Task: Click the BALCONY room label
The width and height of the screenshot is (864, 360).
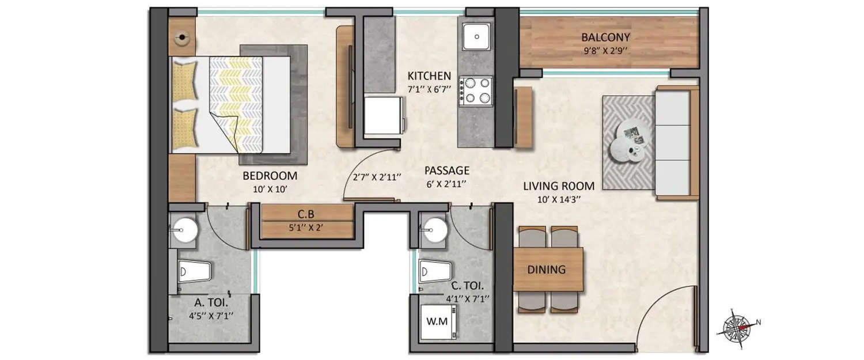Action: [x=605, y=37]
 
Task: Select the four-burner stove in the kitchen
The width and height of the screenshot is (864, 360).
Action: [x=475, y=91]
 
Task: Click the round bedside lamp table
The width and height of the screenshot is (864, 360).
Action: [x=182, y=39]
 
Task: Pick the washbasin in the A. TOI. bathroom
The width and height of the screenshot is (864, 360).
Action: [x=185, y=230]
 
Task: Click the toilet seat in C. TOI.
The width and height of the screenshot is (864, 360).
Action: [x=435, y=271]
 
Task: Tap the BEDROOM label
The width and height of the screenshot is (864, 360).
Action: [x=270, y=176]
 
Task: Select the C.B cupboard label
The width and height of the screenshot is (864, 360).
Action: [x=305, y=213]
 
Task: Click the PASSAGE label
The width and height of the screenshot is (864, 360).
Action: [x=447, y=170]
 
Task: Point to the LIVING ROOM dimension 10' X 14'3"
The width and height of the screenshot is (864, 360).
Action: [x=559, y=200]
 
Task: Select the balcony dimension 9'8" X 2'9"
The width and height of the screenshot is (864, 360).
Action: [x=605, y=51]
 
